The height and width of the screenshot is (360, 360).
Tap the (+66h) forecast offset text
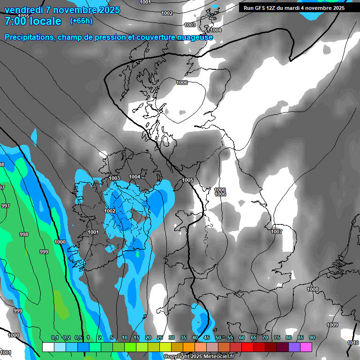(x=81, y=21)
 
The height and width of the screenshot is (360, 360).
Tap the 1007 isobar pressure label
(x=277, y=232)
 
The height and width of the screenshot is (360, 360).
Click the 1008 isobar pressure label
(x=313, y=289)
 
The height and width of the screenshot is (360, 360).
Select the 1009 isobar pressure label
(x=332, y=325)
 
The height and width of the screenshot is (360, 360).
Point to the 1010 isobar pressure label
(x=352, y=343)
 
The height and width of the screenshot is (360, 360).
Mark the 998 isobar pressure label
(x=23, y=234)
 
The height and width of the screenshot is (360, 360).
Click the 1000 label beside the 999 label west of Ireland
(x=60, y=242)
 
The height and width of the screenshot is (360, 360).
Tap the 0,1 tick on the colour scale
(x=55, y=338)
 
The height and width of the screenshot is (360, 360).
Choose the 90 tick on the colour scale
(x=312, y=338)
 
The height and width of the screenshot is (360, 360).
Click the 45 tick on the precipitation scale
(x=207, y=338)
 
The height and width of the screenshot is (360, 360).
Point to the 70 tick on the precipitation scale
(x=265, y=338)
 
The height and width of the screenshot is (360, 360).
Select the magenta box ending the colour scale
(x=306, y=347)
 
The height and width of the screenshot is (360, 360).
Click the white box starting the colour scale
(x=48, y=347)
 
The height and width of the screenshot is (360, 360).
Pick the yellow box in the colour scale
(x=165, y=347)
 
